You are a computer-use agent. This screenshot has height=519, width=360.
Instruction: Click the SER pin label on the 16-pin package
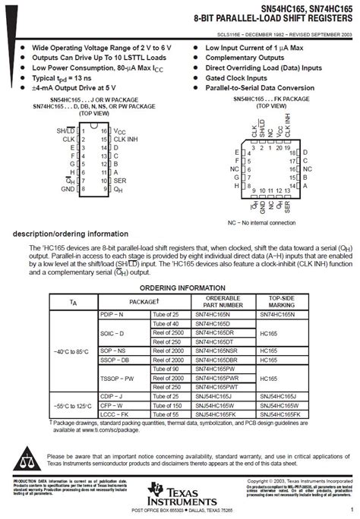[119, 181]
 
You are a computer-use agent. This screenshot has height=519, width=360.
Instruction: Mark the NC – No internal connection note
[262, 222]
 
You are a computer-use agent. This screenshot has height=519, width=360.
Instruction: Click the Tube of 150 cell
[166, 406]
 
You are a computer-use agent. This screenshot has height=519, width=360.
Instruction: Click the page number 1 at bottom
[352, 510]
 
